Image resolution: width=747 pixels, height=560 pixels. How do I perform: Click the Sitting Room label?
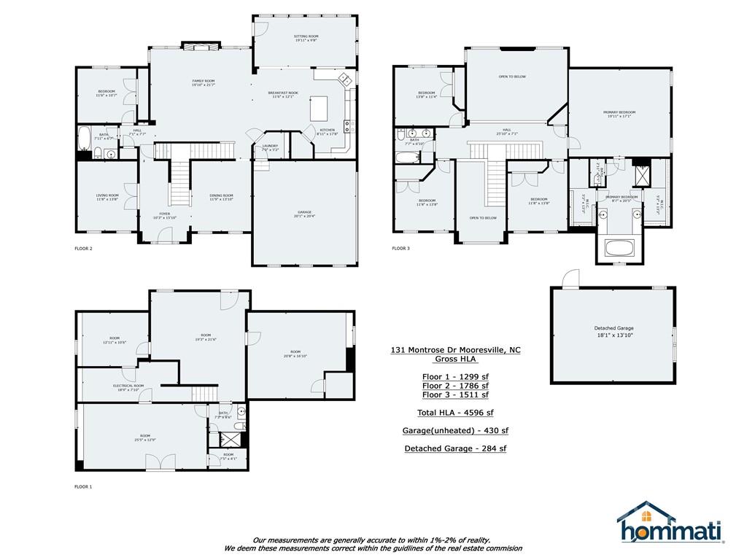(x=306, y=39)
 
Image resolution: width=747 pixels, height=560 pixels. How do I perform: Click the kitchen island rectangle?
(x=320, y=109)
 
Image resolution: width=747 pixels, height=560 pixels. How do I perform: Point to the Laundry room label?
(x=270, y=148)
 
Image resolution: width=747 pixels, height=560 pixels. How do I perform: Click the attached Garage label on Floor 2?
(x=305, y=214)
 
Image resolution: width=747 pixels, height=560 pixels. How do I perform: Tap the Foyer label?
(x=165, y=215)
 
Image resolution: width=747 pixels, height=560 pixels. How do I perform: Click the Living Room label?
(x=107, y=197)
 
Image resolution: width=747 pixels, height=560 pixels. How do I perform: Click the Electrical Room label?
(x=128, y=387)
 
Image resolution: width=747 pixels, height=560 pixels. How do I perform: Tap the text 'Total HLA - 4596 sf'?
(x=455, y=413)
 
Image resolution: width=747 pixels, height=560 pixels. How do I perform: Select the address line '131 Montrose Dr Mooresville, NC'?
(x=455, y=350)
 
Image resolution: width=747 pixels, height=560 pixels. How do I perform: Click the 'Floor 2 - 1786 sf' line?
(x=455, y=385)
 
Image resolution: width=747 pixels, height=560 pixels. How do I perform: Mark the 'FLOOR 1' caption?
(x=84, y=486)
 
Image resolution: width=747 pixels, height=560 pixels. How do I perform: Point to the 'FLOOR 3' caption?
(x=400, y=249)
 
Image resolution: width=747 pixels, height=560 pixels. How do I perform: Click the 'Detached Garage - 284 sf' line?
(x=455, y=448)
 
